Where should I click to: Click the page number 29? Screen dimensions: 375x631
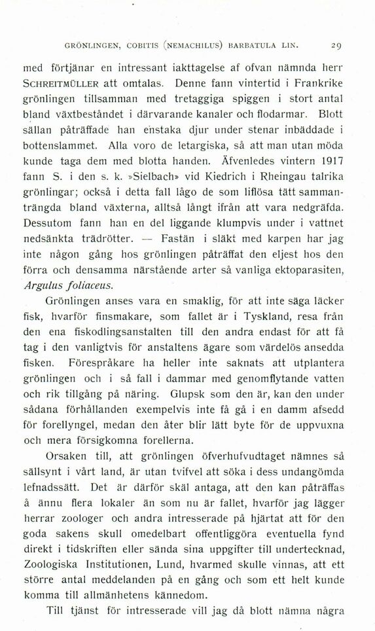pos(336,46)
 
